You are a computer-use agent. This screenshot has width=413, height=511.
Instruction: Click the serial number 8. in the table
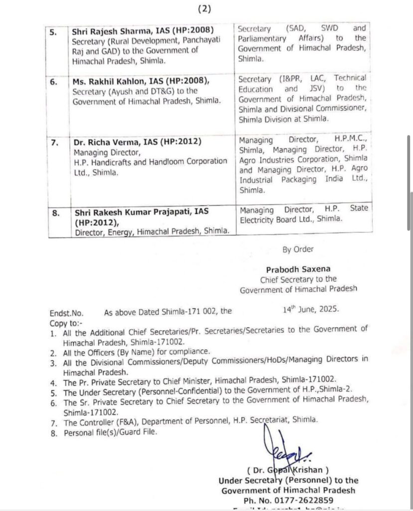pyautogui.click(x=56, y=212)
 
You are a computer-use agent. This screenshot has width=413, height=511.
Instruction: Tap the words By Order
pyautogui.click(x=298, y=250)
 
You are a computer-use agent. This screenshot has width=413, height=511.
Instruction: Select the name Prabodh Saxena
pyautogui.click(x=299, y=269)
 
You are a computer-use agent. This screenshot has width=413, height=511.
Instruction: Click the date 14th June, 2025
pyautogui.click(x=310, y=309)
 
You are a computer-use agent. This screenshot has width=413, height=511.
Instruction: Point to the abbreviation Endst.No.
pyautogui.click(x=66, y=313)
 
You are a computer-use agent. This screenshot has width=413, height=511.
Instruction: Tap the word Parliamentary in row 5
pyautogui.click(x=262, y=38)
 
